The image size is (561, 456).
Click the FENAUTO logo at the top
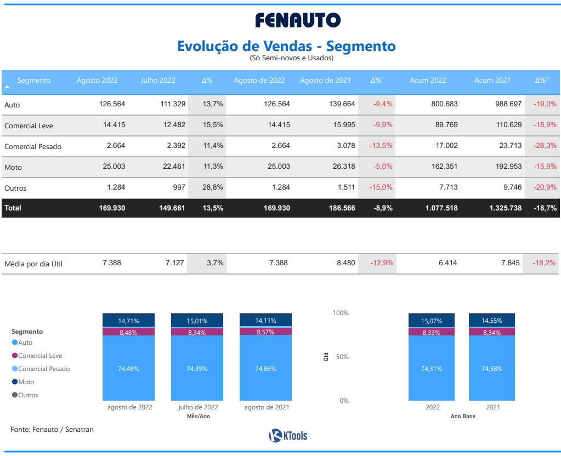click(298, 20)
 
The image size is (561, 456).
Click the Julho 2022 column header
click(158, 81)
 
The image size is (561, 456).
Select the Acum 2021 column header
click(492, 81)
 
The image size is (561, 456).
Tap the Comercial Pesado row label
click(33, 146)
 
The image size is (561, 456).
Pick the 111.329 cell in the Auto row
click(172, 104)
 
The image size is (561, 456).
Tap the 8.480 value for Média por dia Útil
click(345, 263)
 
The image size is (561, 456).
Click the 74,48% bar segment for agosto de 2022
click(128, 369)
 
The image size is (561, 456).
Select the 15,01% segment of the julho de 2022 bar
click(197, 321)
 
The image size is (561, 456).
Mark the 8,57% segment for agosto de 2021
click(265, 332)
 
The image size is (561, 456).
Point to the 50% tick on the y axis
click(342, 357)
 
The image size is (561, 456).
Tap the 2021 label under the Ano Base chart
click(492, 408)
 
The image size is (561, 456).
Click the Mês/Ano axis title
click(198, 417)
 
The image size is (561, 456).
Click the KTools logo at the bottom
click(288, 436)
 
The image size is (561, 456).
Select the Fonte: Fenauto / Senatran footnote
click(52, 430)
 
